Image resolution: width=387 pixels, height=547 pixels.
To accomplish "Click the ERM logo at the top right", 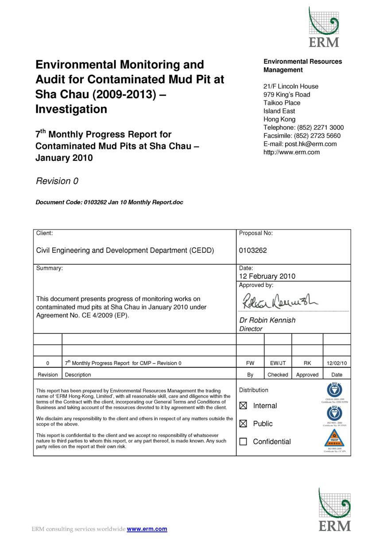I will (324, 27).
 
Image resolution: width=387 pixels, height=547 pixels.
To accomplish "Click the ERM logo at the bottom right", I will (334, 509).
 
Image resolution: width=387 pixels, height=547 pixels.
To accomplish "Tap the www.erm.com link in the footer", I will (147, 529).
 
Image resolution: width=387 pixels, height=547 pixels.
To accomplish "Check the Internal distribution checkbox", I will (243, 406).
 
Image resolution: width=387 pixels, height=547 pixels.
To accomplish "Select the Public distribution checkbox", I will (243, 424).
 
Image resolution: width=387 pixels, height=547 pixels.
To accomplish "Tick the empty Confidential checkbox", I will (243, 442).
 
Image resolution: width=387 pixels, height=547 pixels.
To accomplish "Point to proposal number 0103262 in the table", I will (253, 250).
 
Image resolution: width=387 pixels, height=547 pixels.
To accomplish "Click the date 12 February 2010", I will (267, 276).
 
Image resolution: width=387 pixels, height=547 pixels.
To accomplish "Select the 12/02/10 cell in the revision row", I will (337, 363).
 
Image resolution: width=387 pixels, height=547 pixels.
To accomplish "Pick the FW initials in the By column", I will (250, 363).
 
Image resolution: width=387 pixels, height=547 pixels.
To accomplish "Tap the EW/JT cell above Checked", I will (278, 363).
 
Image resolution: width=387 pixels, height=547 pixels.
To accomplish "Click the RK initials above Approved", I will (307, 363).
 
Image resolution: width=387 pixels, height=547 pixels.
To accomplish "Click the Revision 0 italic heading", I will (57, 181).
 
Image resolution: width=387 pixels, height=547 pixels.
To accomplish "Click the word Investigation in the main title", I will (71, 109).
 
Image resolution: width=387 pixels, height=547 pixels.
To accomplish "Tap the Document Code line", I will (109, 202).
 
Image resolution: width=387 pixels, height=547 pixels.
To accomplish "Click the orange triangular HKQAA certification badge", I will (334, 438).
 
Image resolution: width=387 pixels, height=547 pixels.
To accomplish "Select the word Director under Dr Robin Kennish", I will (251, 329).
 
